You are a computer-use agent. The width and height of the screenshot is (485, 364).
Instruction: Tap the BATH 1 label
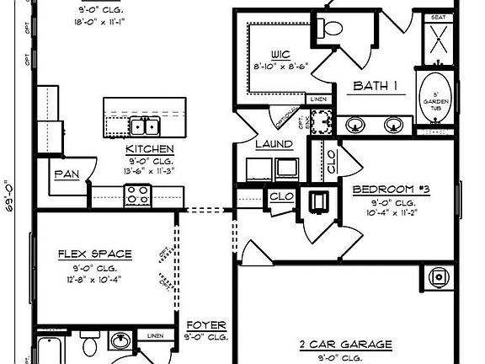click(375, 86)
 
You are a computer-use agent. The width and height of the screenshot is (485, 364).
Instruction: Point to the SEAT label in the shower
click(438, 16)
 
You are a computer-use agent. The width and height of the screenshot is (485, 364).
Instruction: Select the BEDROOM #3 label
click(391, 190)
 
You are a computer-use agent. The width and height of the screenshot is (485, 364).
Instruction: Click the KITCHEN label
click(149, 149)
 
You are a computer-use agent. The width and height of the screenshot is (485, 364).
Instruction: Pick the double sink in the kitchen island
click(146, 127)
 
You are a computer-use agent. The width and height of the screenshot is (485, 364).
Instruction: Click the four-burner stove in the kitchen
click(136, 196)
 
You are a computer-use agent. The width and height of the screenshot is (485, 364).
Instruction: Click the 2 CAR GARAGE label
click(345, 344)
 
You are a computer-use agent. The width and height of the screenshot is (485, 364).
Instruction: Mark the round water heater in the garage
click(438, 276)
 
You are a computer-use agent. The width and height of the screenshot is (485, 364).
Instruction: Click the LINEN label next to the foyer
click(155, 336)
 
